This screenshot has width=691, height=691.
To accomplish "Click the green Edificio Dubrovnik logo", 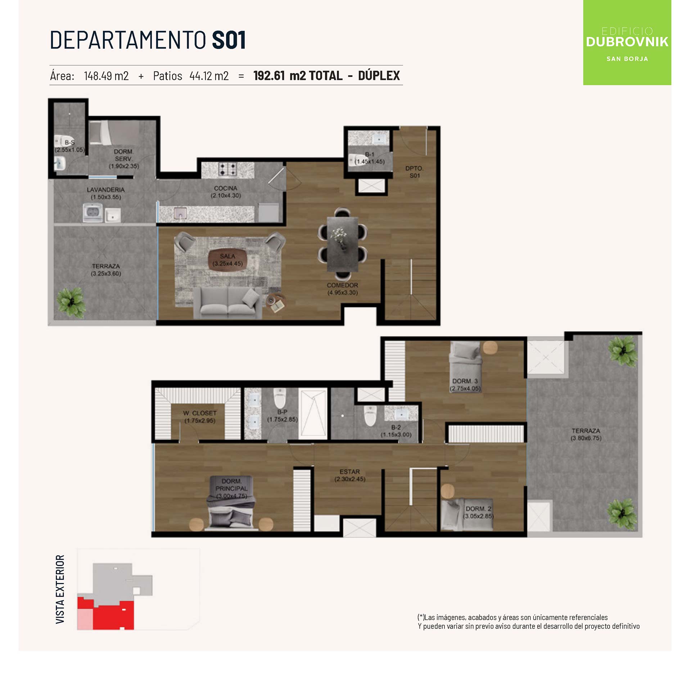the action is tap(627, 42).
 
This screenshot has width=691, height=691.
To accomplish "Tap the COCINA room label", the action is tap(226, 188).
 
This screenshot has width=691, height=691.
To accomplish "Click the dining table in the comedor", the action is tap(342, 244).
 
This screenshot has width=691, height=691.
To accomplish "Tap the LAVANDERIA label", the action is tap(105, 190).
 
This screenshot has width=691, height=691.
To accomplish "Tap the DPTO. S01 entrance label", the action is tap(415, 172).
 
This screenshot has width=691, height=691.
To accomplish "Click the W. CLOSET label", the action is tap(200, 413).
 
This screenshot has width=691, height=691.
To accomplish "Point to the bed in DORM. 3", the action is tap(465, 366).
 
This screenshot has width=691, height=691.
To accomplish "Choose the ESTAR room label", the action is tap(349, 471).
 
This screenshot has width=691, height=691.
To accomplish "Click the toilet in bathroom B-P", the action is tap(280, 398).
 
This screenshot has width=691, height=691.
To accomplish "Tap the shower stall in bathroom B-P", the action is tap(313, 414).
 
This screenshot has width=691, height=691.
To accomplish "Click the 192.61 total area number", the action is tap(269, 76).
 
